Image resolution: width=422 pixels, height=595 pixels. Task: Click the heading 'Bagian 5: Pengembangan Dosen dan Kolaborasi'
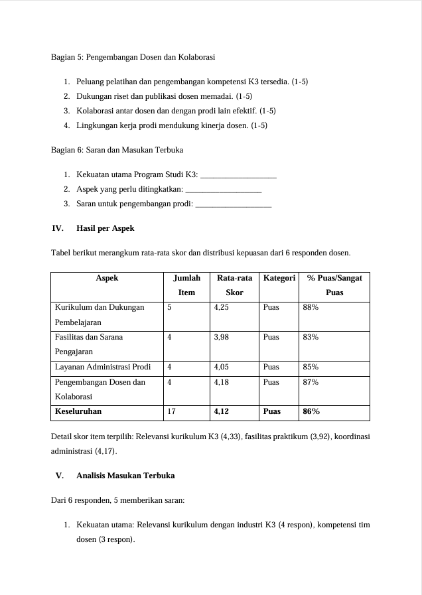[x=133, y=57]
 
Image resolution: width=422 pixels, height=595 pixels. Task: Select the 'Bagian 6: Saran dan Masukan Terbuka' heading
[x=117, y=150]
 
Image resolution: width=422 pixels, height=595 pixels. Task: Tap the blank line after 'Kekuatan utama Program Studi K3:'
[x=238, y=175]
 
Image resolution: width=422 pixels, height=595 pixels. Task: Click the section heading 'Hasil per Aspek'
[x=105, y=228]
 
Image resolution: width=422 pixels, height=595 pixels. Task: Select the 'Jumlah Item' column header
[x=186, y=285]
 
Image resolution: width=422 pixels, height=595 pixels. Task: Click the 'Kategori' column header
[x=279, y=279]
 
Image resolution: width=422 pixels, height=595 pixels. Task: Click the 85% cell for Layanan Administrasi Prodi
[x=310, y=367]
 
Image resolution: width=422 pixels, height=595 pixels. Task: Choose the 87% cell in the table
[x=310, y=382]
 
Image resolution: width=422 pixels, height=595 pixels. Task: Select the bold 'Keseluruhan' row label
[x=78, y=412]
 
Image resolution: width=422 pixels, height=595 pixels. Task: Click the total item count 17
[x=171, y=412]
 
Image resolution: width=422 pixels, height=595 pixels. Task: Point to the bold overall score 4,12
[x=222, y=412]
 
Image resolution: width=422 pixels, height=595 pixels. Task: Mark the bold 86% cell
[x=311, y=412]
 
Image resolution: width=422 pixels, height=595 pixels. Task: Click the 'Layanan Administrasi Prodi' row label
[x=103, y=367]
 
